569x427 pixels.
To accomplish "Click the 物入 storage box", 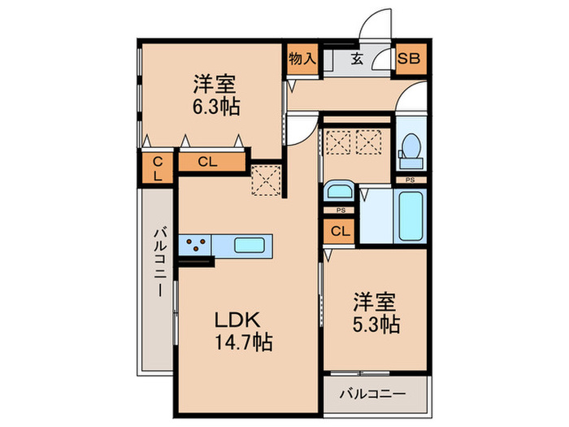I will (302, 59).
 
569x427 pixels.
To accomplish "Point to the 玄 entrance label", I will (358, 59).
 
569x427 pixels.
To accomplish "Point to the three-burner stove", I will (195, 243).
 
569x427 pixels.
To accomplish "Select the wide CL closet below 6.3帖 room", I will (209, 162).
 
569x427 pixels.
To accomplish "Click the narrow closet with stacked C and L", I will (157, 168).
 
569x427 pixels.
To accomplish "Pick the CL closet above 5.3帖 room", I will (340, 231).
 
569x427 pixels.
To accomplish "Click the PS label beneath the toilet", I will (411, 180).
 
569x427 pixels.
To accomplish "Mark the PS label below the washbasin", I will (340, 211).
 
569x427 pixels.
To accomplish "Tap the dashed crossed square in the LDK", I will (265, 180).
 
